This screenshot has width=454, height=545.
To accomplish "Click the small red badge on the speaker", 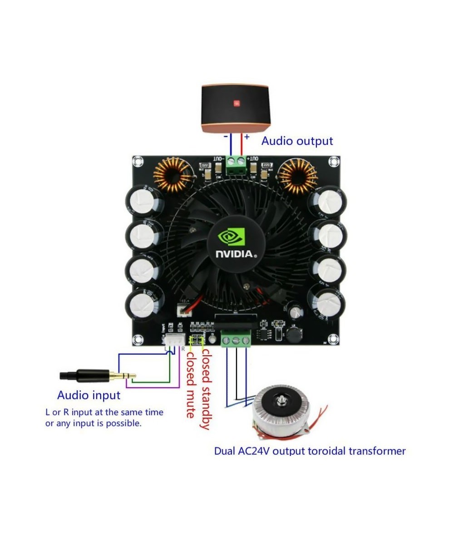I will pyautogui.click(x=236, y=104).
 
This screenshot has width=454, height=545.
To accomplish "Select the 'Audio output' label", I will pyautogui.click(x=297, y=141).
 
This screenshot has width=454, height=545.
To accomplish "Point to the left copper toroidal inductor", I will pyautogui.click(x=173, y=177).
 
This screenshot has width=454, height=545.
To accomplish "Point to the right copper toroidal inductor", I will pyautogui.click(x=297, y=177).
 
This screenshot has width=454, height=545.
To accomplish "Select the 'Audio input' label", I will pyautogui.click(x=89, y=395).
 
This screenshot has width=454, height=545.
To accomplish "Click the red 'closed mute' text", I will pyautogui.click(x=191, y=384).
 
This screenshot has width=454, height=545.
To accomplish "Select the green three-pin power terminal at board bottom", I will pyautogui.click(x=236, y=339).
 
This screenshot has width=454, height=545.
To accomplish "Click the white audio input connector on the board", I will pyautogui.click(x=172, y=340).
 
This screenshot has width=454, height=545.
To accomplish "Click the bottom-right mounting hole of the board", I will pyautogui.click(x=334, y=338).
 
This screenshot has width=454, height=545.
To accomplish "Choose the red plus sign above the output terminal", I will pyautogui.click(x=247, y=137).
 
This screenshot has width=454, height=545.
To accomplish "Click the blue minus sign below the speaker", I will pyautogui.click(x=225, y=136).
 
